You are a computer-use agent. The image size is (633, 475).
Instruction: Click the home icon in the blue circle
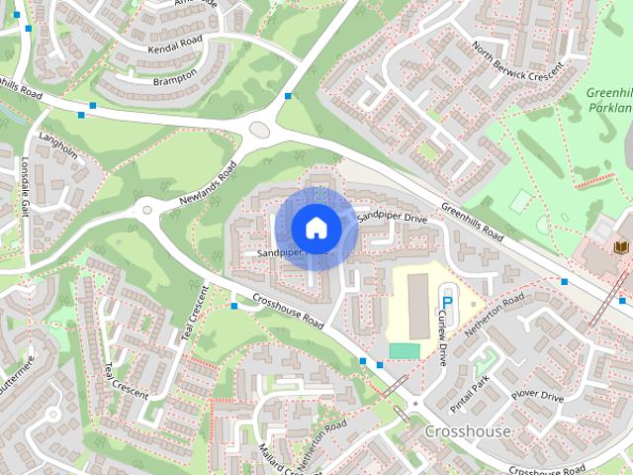[316, 228]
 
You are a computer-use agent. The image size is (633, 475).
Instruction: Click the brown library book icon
[621, 246]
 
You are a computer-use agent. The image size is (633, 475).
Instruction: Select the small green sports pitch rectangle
[404, 351]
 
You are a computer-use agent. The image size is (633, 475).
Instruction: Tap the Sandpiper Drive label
[391, 215]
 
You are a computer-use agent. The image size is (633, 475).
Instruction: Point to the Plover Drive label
[537, 396]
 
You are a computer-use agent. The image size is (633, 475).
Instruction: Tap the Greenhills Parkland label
[607, 100]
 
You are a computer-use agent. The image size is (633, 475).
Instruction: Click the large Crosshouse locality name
[468, 432]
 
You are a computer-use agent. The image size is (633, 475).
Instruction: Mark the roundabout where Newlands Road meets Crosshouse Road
[149, 208]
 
